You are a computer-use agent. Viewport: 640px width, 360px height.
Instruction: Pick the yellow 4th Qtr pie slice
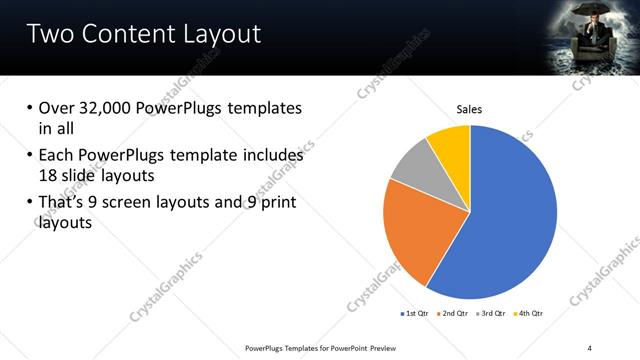tap(451, 145)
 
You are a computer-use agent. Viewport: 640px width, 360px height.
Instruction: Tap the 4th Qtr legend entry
tap(531, 313)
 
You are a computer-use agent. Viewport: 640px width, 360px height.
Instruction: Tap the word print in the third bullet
tap(277, 203)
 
